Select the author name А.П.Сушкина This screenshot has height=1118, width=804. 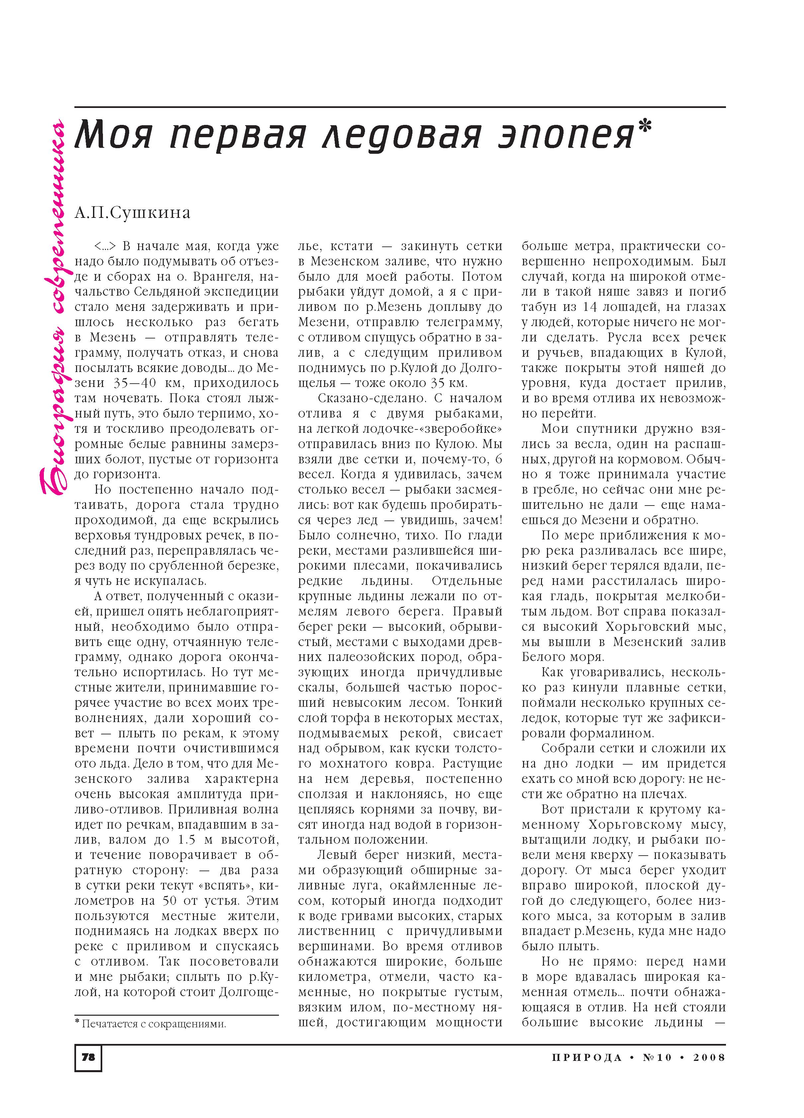(x=133, y=213)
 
